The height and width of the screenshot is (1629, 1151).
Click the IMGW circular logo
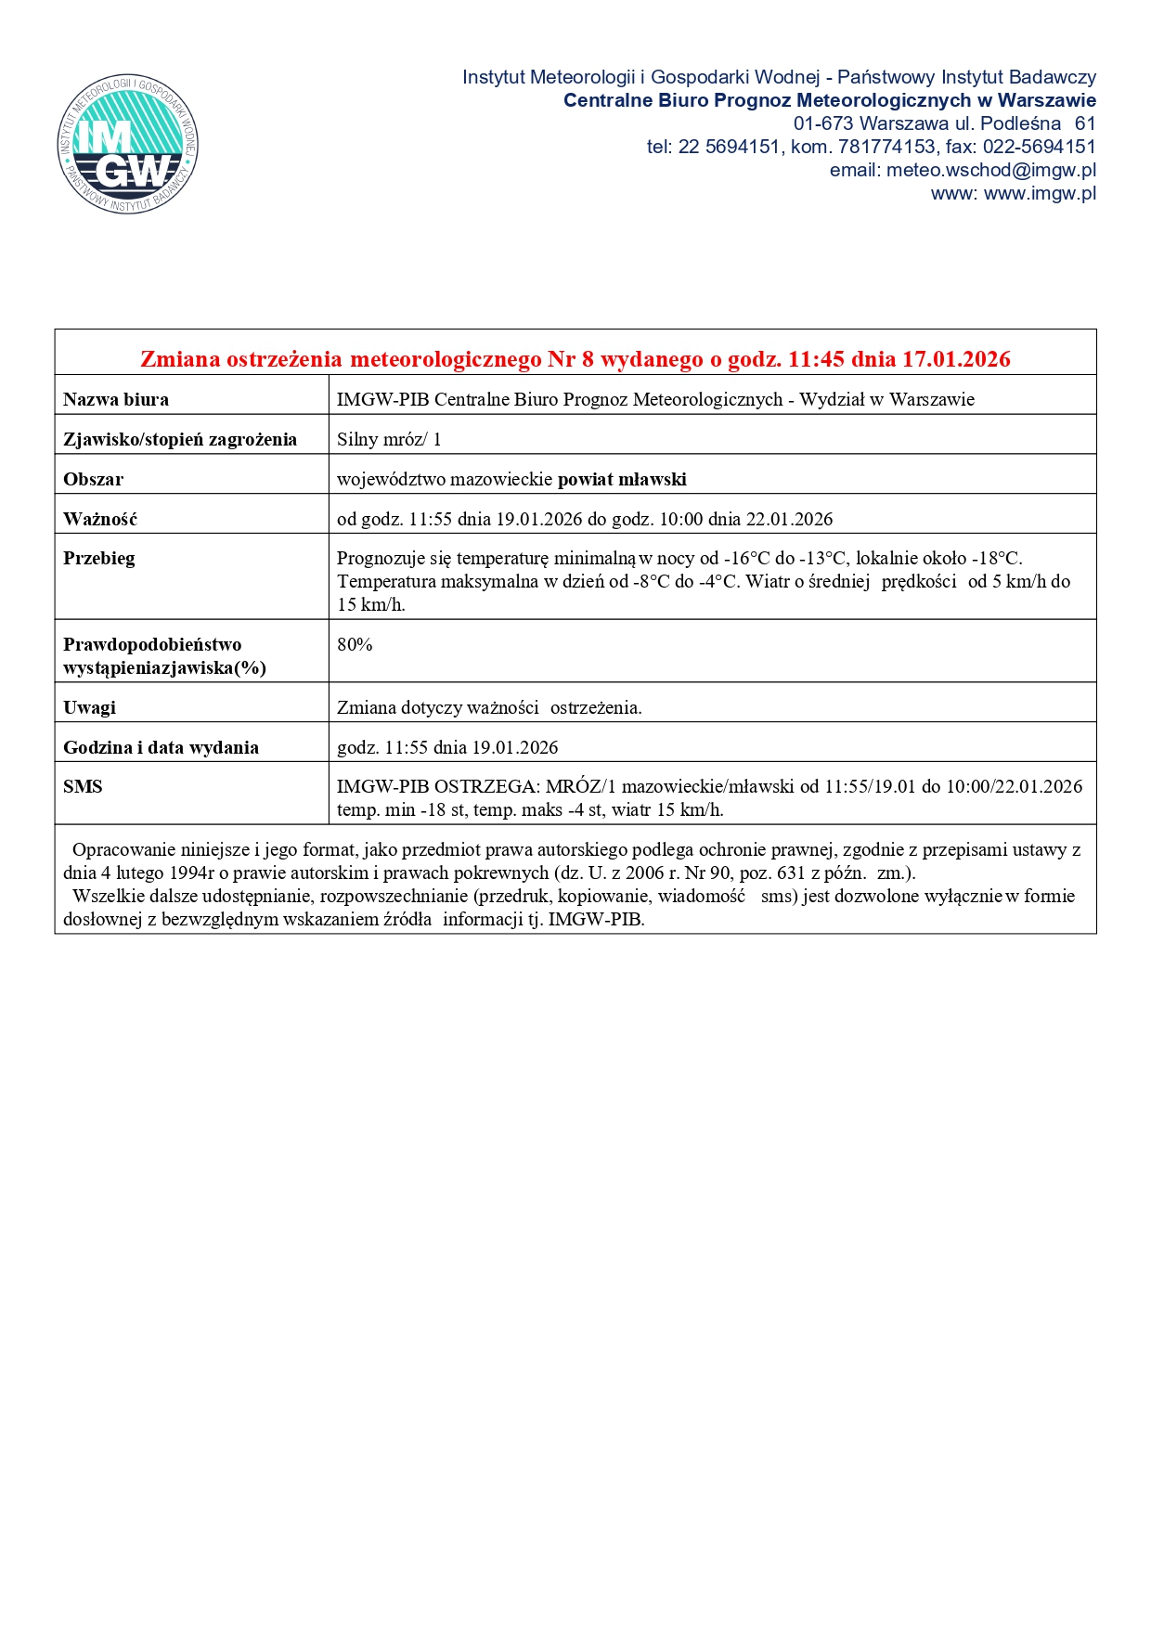pos(127,144)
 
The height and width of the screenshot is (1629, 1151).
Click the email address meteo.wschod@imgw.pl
pos(990,170)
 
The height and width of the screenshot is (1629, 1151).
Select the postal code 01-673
pos(822,123)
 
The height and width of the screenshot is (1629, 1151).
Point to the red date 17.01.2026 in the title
pos(956,359)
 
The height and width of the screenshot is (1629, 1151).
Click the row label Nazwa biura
pos(116,400)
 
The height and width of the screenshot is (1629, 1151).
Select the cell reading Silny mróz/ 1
pos(389,440)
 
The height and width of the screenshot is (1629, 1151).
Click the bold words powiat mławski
pos(622,480)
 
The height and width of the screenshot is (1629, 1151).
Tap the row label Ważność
pos(100,520)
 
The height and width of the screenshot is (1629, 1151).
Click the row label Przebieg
pos(99,559)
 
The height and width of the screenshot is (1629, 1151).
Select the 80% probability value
pos(355,645)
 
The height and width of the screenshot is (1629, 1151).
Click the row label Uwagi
pos(90,708)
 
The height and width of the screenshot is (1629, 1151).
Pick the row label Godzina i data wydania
pos(161,748)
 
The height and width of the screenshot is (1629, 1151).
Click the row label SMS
pos(83,787)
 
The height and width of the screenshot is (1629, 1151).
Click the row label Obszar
pos(93,480)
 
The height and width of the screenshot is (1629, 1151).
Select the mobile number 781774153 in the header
pos(886,147)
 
